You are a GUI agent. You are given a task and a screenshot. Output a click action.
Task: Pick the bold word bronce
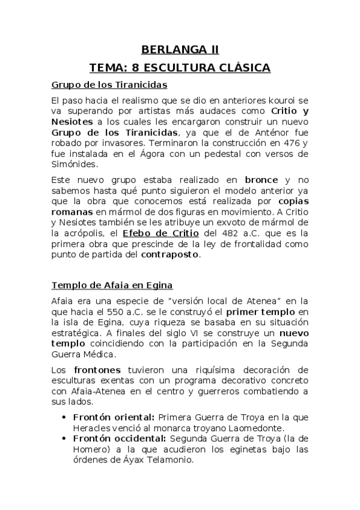[261, 179]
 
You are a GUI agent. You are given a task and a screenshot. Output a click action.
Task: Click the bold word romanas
[72, 212]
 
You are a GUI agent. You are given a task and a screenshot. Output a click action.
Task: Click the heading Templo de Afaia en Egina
[112, 284]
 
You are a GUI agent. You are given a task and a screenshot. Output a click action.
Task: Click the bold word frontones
[97, 369]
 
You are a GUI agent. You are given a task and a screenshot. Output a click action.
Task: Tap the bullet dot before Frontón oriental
[64, 417]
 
